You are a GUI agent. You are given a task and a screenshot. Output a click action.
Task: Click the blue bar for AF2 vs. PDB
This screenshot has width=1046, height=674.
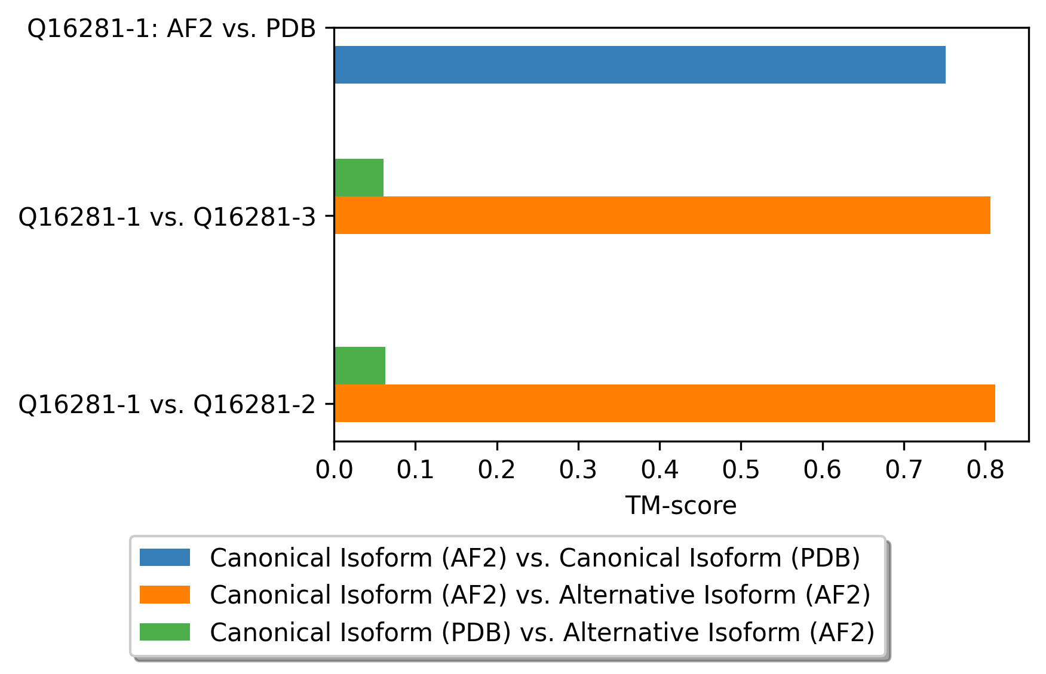640,64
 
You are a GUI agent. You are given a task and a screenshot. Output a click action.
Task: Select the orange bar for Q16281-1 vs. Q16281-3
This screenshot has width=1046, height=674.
662,215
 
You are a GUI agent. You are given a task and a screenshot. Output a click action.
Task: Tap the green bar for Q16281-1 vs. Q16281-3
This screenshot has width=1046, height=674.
359,177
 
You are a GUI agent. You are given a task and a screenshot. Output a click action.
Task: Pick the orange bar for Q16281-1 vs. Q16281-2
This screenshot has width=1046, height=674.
665,403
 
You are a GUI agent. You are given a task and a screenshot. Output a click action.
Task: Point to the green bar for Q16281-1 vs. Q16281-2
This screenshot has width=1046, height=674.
360,365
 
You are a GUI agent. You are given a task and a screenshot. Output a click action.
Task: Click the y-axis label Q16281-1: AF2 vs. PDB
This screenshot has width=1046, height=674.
172,29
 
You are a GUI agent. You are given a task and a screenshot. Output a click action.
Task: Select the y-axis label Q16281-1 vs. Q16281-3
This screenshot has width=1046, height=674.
167,217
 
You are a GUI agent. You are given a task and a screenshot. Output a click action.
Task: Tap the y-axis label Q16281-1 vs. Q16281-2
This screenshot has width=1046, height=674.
167,405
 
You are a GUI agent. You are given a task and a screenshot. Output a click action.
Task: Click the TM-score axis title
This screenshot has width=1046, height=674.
681,506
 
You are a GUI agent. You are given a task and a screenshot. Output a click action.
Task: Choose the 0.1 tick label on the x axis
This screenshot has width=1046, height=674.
415,470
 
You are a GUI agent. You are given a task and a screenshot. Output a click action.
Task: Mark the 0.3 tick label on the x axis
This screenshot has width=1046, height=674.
578,470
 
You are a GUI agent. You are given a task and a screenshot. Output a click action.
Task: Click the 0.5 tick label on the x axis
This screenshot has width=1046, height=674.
741,470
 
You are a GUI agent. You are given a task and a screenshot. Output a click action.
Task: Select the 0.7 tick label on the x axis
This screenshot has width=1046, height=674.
904,470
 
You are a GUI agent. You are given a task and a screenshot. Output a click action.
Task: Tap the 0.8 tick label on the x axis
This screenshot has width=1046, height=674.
985,470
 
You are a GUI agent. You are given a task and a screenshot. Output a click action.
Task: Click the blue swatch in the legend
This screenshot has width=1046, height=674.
165,558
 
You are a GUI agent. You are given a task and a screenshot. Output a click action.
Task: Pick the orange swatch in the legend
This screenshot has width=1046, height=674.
165,595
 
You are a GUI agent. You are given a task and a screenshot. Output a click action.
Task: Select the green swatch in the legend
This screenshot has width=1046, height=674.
165,632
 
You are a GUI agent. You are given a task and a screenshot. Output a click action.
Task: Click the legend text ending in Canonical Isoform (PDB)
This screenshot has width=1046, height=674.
535,558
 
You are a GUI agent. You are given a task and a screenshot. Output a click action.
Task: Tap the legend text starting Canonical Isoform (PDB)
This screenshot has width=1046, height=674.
542,632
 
